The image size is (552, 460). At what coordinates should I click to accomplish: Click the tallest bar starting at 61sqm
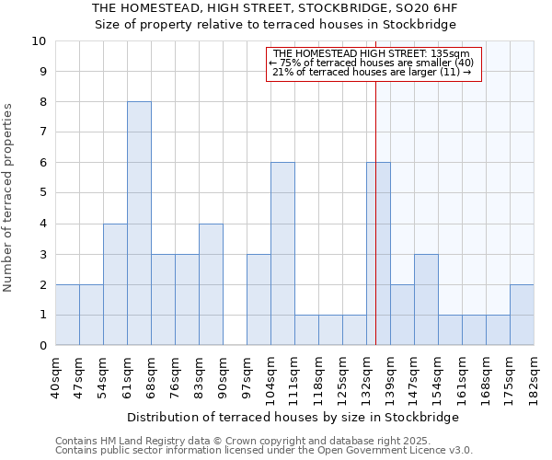click(x=139, y=224)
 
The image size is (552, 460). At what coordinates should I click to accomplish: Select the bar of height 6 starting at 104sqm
click(x=282, y=254)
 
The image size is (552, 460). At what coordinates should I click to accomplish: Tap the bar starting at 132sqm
click(x=378, y=254)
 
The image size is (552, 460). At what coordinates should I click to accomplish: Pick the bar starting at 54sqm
click(x=115, y=284)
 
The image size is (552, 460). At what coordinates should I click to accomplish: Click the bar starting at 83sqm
click(x=211, y=284)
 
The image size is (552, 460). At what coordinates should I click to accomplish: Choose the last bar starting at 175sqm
click(x=522, y=315)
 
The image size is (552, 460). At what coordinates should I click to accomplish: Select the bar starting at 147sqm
click(x=426, y=300)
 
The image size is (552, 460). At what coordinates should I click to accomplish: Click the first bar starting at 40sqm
click(x=67, y=315)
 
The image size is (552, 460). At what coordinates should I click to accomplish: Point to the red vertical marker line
click(x=375, y=184)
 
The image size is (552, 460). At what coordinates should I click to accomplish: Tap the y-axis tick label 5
click(x=41, y=193)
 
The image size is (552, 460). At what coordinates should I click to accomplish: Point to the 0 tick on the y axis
click(x=41, y=346)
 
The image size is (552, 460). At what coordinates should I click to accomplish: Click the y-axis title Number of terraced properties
click(x=9, y=198)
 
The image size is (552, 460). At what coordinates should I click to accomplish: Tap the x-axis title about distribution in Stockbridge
click(x=293, y=417)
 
